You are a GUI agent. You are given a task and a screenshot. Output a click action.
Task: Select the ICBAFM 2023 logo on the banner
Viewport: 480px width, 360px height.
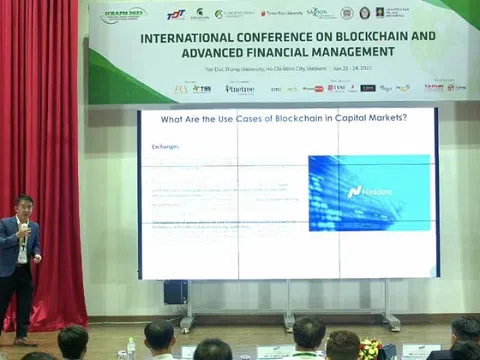point(123,15)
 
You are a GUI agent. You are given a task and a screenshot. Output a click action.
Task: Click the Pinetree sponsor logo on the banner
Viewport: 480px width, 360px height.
point(240,88)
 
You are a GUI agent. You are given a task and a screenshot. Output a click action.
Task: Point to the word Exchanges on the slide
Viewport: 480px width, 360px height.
point(166,146)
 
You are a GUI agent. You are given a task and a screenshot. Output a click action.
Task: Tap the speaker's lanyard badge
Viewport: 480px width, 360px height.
point(22,255)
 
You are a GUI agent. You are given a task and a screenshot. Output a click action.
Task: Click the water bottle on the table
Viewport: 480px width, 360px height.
point(131,346)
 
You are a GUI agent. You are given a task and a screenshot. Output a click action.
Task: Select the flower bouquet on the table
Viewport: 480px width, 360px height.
point(371,347)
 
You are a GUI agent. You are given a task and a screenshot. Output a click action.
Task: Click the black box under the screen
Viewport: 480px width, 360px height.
point(175,292)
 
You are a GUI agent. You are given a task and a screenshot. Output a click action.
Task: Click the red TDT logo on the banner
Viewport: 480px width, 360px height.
point(175,14)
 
